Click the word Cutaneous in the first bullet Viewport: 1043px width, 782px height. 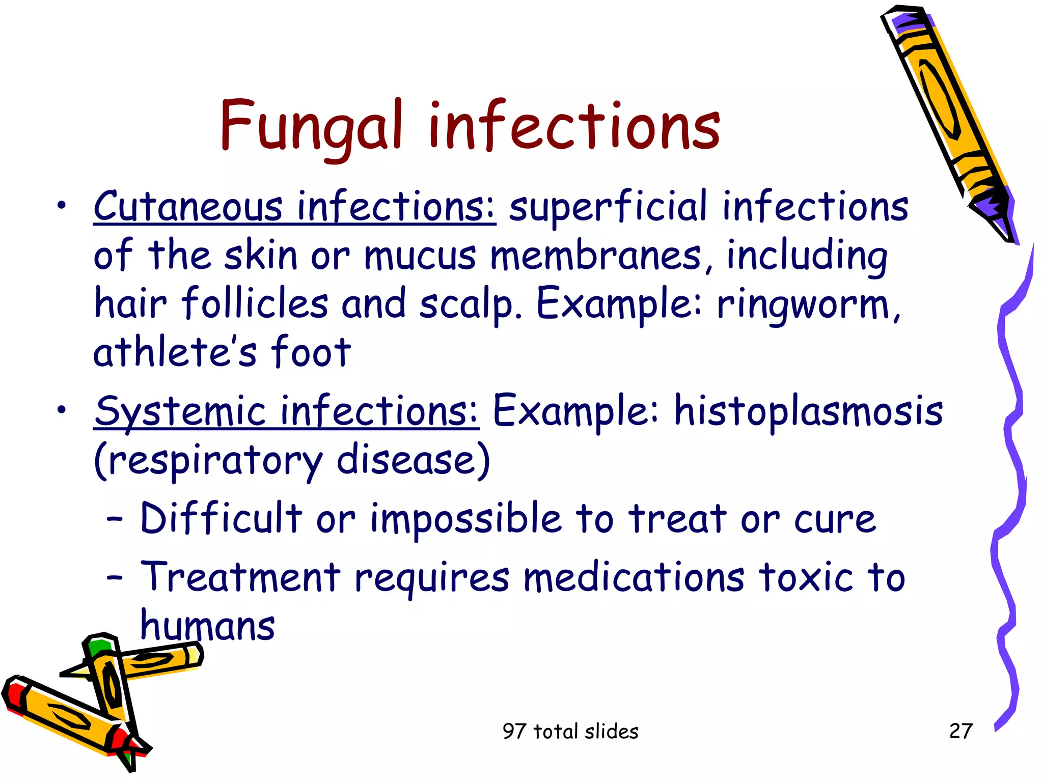point(188,207)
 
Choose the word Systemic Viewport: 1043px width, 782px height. point(181,411)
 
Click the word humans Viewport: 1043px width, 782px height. point(207,626)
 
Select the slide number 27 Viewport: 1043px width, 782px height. point(961,731)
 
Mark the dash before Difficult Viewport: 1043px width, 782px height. point(115,519)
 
